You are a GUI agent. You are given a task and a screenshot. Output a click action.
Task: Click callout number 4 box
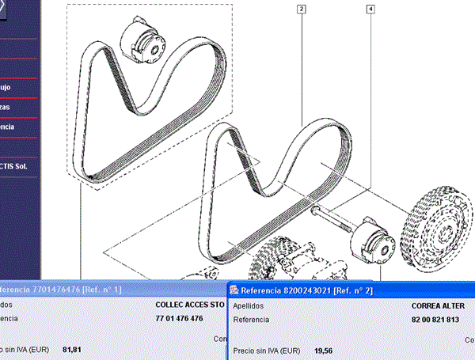(371, 9)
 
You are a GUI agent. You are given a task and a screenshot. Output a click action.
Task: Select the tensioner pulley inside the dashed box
(143, 41)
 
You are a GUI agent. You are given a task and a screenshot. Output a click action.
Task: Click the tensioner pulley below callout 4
(373, 241)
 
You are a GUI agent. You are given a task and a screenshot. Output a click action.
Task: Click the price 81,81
(72, 349)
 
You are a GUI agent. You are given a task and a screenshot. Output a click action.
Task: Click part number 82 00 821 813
(435, 320)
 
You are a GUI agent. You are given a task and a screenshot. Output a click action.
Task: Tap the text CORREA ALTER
(438, 305)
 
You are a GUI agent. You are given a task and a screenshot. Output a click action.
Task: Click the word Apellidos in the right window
(251, 305)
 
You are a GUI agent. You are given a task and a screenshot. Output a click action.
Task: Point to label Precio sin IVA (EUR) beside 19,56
(267, 350)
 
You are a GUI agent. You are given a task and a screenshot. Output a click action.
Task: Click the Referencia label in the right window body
(253, 320)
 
